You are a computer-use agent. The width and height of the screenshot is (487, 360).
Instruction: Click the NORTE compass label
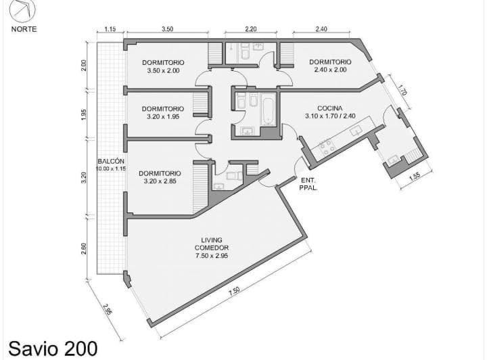[24, 29]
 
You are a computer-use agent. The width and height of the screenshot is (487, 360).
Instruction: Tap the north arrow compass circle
[22, 9]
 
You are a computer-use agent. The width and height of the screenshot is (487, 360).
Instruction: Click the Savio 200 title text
[53, 348]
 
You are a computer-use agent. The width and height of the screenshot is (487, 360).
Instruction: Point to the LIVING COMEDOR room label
[212, 244]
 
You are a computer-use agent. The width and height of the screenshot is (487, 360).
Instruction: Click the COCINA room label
[330, 108]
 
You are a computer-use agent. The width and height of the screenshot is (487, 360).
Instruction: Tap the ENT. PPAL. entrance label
[308, 184]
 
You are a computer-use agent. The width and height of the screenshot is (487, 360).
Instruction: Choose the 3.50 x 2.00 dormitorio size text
[164, 70]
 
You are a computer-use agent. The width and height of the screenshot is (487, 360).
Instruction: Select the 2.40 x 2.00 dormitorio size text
[330, 70]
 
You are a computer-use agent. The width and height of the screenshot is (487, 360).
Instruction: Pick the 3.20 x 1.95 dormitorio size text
[163, 117]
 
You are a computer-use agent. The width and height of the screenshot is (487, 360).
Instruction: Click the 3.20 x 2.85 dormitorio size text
[160, 181]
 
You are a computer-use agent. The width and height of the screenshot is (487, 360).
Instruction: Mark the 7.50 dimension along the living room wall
[235, 292]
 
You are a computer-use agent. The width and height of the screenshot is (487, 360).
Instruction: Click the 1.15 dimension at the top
[110, 29]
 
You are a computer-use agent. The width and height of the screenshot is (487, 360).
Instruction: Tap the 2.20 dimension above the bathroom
[251, 29]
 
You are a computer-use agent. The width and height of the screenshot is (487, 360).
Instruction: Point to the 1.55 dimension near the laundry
[415, 177]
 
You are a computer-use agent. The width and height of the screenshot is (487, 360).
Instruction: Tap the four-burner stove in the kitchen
[327, 148]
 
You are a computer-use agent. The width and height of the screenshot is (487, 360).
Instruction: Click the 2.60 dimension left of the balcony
[84, 249]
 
